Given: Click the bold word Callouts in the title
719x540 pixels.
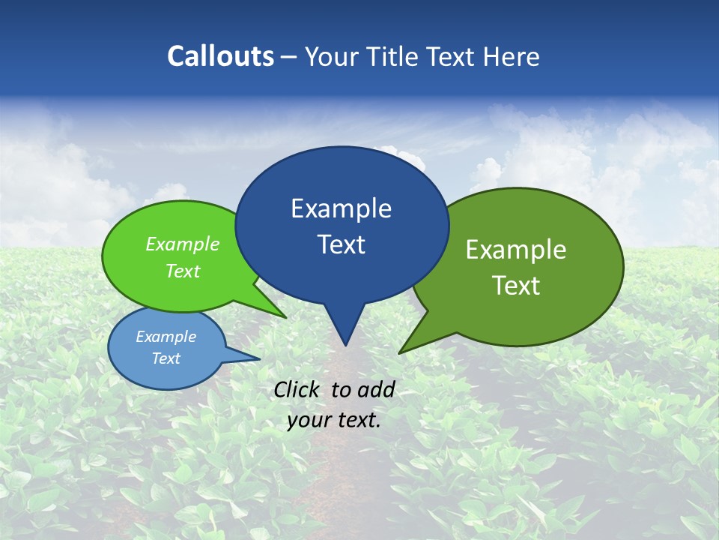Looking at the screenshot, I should pyautogui.click(x=220, y=56).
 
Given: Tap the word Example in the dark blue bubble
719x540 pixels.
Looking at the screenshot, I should pyautogui.click(x=341, y=208).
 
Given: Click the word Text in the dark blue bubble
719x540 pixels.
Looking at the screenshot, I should pyautogui.click(x=341, y=244).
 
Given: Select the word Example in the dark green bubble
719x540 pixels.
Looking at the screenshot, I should pyautogui.click(x=516, y=250).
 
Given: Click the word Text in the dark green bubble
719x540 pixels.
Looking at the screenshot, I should pyautogui.click(x=516, y=286).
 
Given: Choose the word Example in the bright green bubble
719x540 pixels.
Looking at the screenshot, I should pyautogui.click(x=183, y=244).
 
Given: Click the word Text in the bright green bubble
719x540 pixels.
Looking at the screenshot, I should pyautogui.click(x=183, y=271).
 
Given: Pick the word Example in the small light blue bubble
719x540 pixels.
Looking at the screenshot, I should pyautogui.click(x=166, y=337).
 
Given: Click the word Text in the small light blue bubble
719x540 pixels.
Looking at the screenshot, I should pyautogui.click(x=166, y=358).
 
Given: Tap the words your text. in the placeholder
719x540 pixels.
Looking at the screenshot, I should pyautogui.click(x=334, y=420).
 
